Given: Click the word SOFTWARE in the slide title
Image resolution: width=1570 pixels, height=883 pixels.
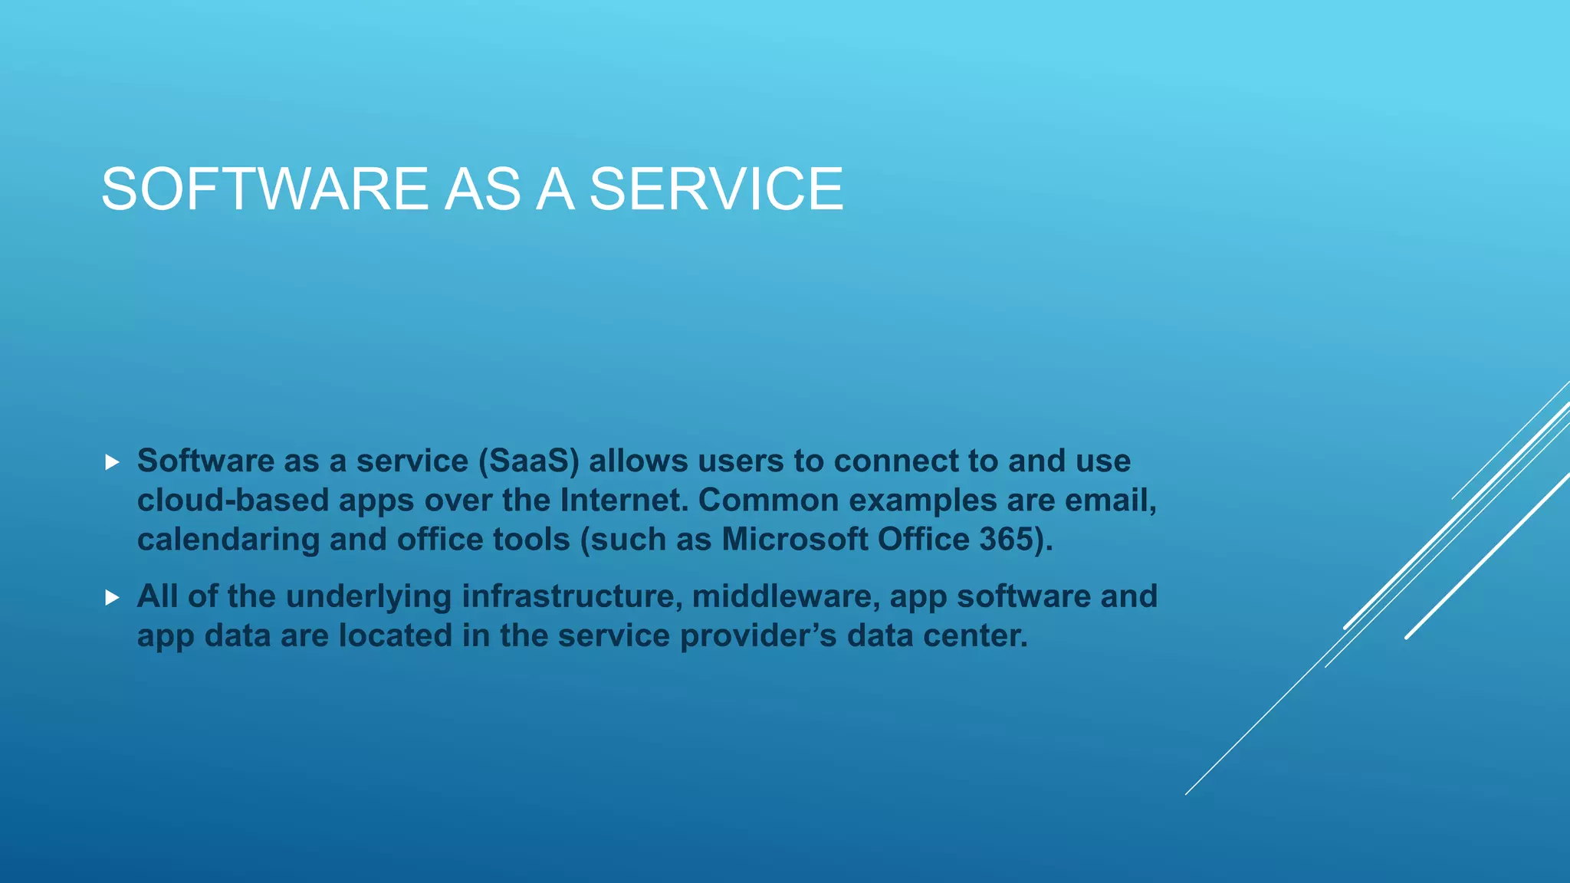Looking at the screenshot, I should tap(265, 189).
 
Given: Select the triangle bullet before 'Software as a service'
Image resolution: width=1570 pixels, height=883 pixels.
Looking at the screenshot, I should tap(113, 462).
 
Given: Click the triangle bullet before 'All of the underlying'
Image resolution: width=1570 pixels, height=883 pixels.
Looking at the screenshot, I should tap(113, 598).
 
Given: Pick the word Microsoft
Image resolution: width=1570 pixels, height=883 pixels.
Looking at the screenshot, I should tap(794, 540).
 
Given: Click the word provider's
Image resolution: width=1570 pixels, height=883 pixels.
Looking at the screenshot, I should tap(758, 636).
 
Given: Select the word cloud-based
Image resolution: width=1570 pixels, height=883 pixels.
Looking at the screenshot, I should tap(233, 501).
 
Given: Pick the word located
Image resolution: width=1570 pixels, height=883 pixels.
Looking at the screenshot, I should tap(396, 636).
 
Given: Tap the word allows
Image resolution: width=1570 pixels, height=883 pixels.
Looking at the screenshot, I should tap(638, 461).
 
